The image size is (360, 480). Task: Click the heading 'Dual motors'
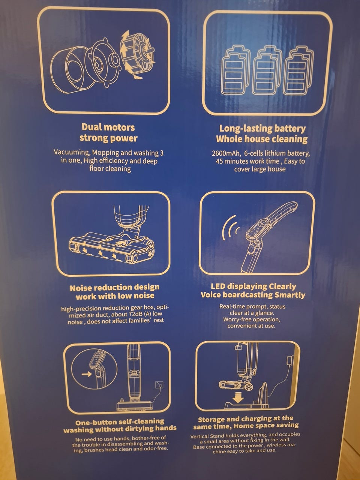coord(108,127)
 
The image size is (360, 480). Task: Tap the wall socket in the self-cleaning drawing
coord(159,384)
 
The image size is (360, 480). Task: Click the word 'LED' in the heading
coord(218,286)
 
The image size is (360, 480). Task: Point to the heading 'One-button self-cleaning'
coord(120,422)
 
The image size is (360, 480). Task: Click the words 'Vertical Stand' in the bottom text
coord(204,436)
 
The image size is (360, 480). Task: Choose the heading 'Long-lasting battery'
coord(262,129)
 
